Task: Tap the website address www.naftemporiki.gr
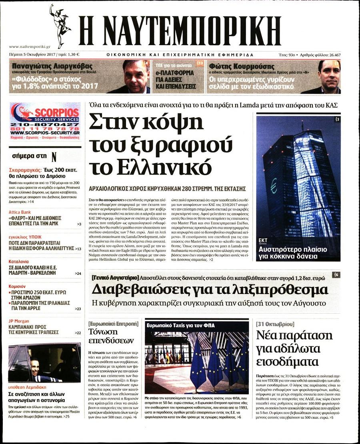26,47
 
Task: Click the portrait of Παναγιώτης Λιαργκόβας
136,77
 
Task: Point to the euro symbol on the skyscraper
274,186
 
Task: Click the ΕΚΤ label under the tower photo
263,240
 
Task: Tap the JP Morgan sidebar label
19,321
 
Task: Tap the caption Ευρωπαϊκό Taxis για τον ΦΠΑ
180,325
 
